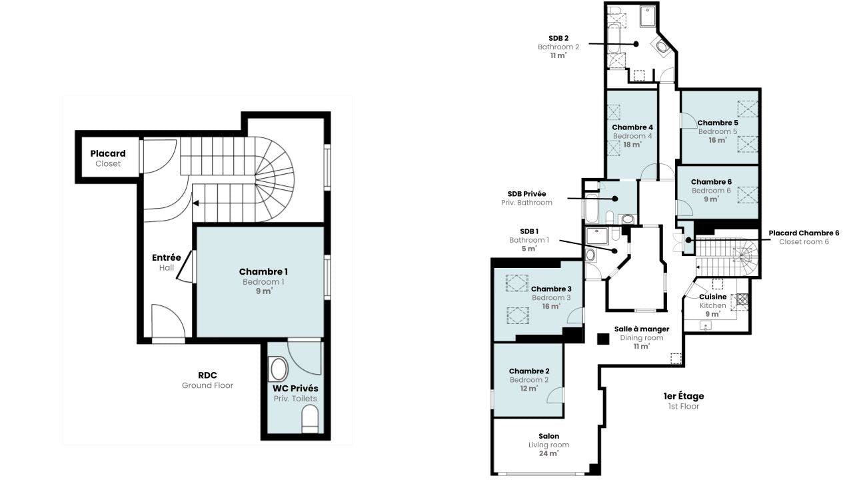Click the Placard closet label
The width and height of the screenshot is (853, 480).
[108, 158]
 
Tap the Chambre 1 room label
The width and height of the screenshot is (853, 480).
[263, 281]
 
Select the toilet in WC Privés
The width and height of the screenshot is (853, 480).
[310, 419]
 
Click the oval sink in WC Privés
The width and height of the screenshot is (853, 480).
[279, 369]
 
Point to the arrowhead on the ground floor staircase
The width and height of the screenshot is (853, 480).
[195, 203]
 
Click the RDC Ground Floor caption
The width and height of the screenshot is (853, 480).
[207, 380]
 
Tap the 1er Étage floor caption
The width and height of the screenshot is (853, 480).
[684, 401]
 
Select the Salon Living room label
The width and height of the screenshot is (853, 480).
[548, 445]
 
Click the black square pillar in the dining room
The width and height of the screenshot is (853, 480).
[603, 339]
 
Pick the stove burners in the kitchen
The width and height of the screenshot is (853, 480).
[742, 299]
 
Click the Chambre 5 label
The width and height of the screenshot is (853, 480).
[718, 131]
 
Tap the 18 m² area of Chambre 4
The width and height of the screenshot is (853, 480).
[632, 145]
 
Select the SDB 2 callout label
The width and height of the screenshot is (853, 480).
[558, 47]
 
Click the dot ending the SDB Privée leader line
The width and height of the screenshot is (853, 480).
[614, 199]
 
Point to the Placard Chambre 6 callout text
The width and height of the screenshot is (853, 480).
[804, 237]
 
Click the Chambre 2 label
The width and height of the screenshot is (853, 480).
[529, 379]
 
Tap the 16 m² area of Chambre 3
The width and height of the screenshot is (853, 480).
[551, 306]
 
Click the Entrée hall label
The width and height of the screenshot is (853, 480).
[167, 262]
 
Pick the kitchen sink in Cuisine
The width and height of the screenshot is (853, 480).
[706, 326]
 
